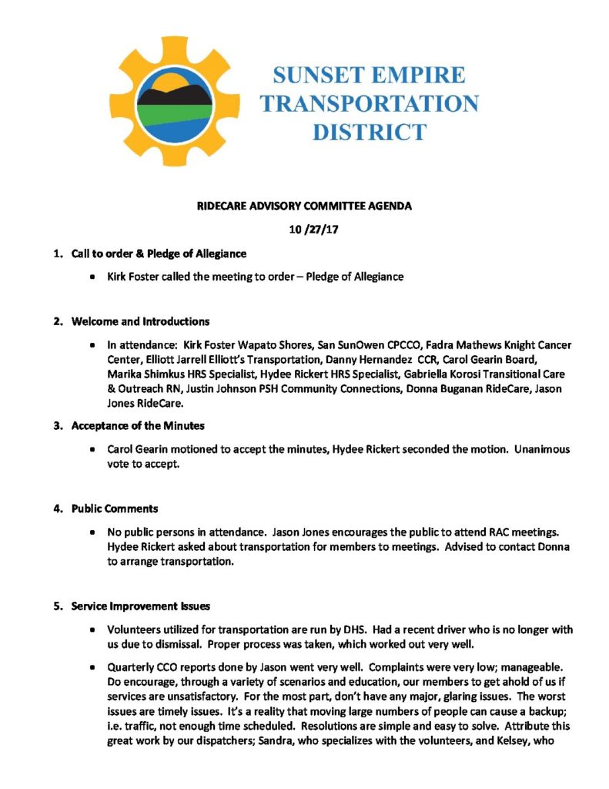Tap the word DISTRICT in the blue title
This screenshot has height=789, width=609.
369,130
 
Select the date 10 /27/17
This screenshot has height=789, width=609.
303,230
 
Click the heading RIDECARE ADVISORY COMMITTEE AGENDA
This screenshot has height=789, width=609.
304,206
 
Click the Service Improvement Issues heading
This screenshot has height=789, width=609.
142,605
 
